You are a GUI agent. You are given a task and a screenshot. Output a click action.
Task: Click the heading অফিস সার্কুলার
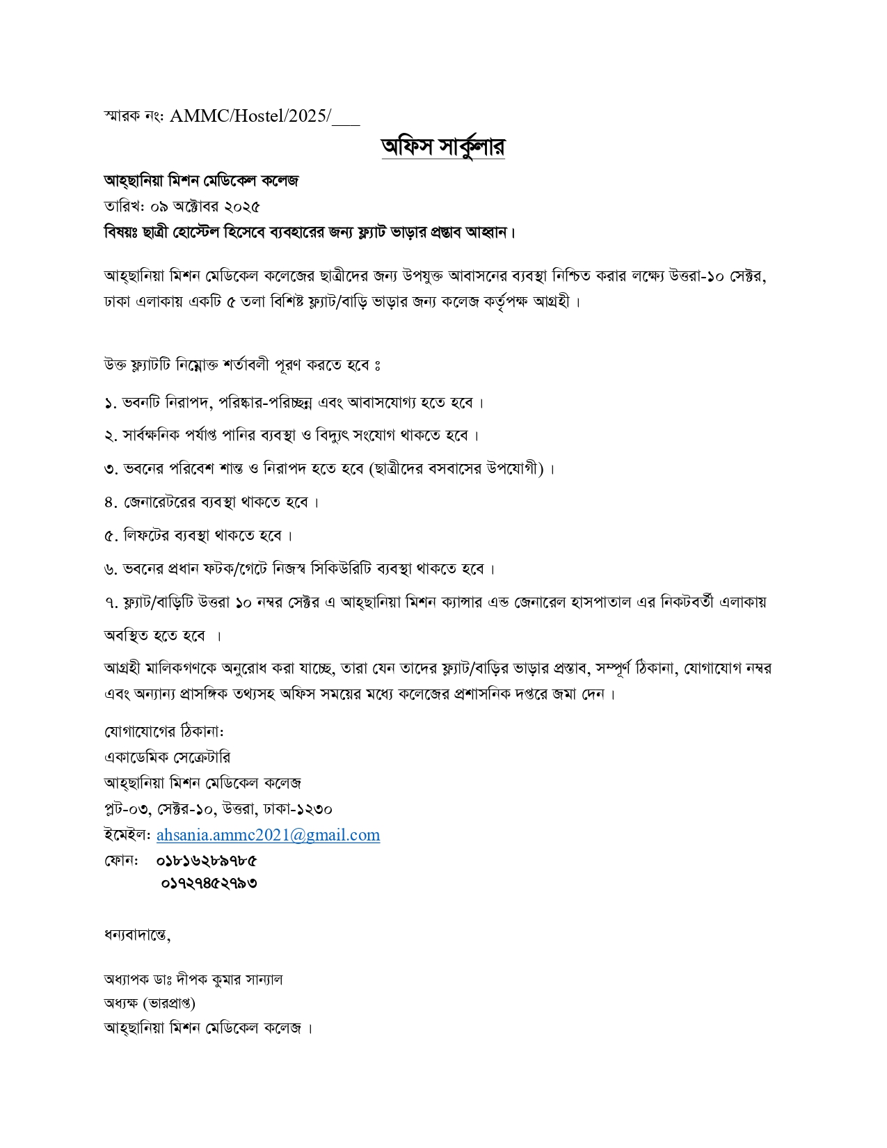click(442, 147)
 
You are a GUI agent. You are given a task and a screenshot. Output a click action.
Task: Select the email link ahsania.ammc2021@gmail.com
click(268, 835)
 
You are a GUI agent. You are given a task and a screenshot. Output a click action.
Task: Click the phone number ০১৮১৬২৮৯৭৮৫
click(207, 861)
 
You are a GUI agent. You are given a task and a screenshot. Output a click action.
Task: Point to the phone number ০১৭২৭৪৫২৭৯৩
click(209, 884)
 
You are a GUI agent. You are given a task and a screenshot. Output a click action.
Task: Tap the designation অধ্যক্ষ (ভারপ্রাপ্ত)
click(150, 1003)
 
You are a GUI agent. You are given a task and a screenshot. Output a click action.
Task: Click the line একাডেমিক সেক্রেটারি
click(167, 757)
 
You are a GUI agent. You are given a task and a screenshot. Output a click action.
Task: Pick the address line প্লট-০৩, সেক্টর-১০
click(160, 809)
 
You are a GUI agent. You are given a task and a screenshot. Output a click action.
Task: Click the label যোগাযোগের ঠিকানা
click(163, 732)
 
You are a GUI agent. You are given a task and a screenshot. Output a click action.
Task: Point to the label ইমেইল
click(127, 835)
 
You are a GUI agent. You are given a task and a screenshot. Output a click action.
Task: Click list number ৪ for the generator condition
click(109, 502)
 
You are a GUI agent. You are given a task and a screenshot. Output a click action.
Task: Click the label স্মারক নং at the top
click(133, 116)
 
